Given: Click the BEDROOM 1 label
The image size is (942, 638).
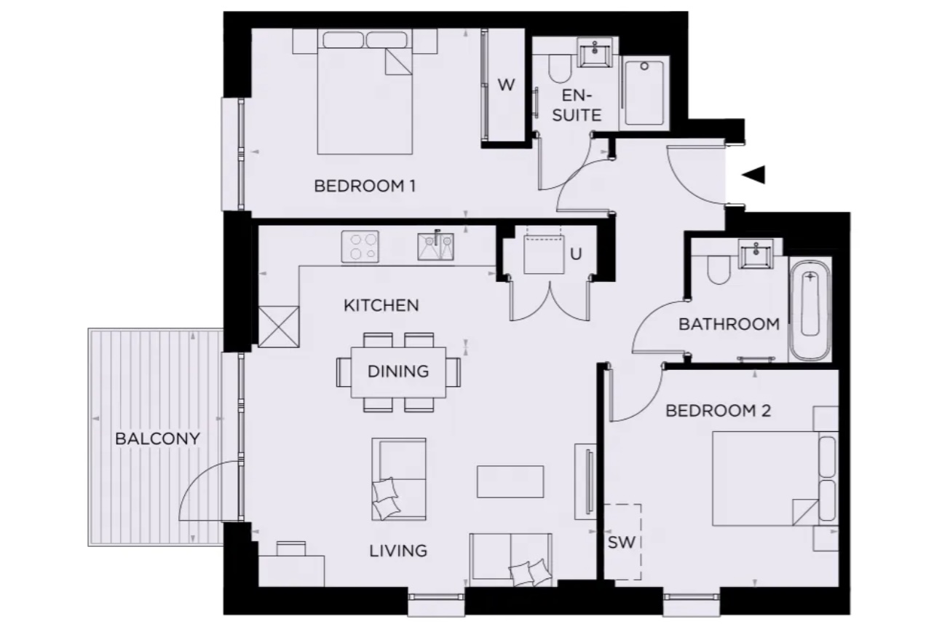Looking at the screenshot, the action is coord(365,186).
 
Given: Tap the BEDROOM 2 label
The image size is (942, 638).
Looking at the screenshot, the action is coord(719,410).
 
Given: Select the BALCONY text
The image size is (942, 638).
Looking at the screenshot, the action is coord(158,439).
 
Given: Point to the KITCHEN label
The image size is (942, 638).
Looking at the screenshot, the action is coord(381,305).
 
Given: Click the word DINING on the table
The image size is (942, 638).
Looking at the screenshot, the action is coord(398,371).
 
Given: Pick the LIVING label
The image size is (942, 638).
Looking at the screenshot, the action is coord(398,551).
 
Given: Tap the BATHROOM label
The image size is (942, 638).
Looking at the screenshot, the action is coord(729,324).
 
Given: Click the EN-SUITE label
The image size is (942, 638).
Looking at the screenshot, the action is coord(577,105).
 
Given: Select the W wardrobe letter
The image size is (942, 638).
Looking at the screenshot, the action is coord(506,85).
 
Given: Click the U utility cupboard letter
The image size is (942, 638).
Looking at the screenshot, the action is coord(576,253).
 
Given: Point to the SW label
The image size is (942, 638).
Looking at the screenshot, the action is coord(621,543).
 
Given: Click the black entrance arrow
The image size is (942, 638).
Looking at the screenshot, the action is coord(753,175).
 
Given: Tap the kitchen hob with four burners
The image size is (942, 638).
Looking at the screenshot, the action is coord(360,246).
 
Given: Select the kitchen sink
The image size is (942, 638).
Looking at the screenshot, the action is coord(435,246).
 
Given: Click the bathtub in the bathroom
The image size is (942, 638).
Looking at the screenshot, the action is coord(810,310).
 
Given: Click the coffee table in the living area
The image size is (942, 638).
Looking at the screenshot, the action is coord(510,481).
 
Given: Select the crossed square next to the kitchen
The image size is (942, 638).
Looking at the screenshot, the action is coord(279,326).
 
